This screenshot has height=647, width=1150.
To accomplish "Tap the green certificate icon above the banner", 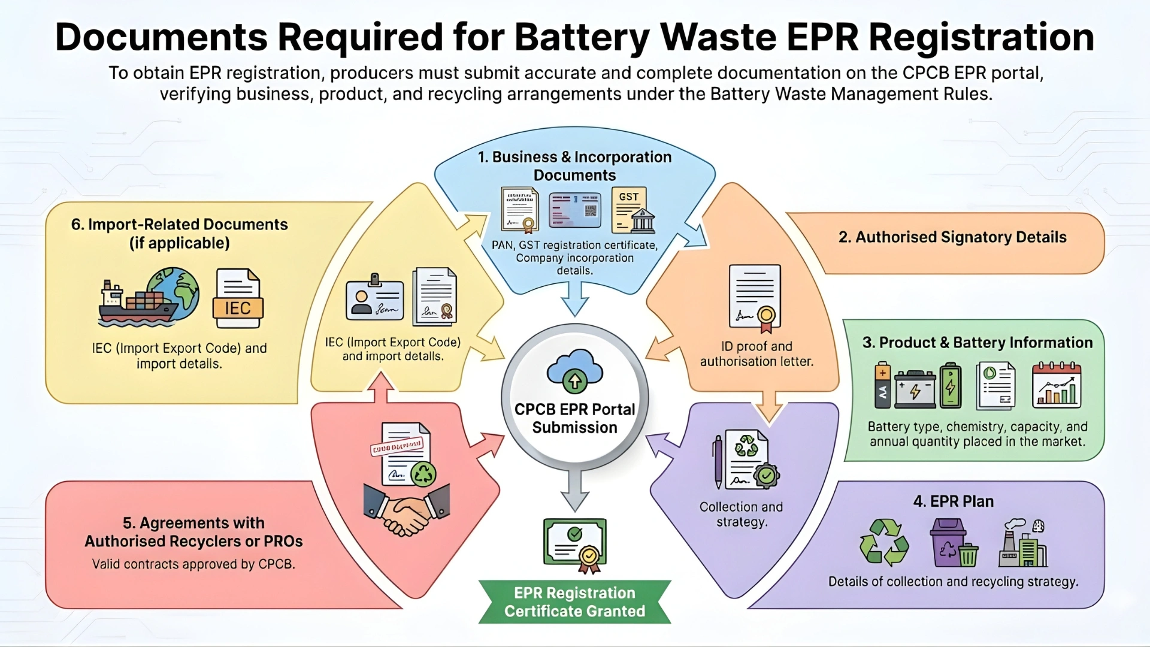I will [575, 543].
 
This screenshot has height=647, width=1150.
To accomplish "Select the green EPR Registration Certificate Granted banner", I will [574, 602].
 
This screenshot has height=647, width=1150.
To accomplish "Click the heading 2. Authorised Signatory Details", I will [952, 237].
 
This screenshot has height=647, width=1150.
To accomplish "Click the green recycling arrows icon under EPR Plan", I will [884, 543].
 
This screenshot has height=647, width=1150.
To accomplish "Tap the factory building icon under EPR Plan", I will [1023, 544].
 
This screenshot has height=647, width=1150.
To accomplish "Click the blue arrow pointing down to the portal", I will [575, 299].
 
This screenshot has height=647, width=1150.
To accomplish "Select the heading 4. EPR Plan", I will [953, 501].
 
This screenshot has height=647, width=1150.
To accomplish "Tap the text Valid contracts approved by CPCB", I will [193, 564].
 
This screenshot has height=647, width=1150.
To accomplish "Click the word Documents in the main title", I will [161, 37].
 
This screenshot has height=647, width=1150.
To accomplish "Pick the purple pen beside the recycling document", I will [718, 461].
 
